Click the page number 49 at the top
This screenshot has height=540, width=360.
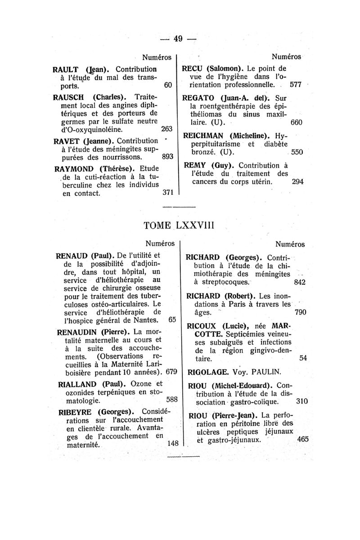coord(178,39)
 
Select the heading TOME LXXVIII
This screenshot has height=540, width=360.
coord(179,225)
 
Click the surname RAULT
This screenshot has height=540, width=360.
coord(67,70)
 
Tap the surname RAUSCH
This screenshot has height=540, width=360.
coord(71,96)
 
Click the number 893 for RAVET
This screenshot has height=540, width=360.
coord(167,158)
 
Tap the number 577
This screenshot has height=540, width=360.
coord(295,84)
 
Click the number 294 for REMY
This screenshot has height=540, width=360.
coord(297,182)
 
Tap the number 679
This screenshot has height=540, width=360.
coord(171,373)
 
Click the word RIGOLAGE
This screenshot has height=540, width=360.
coord(209,372)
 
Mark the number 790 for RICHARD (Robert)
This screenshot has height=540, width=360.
coord(300,312)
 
